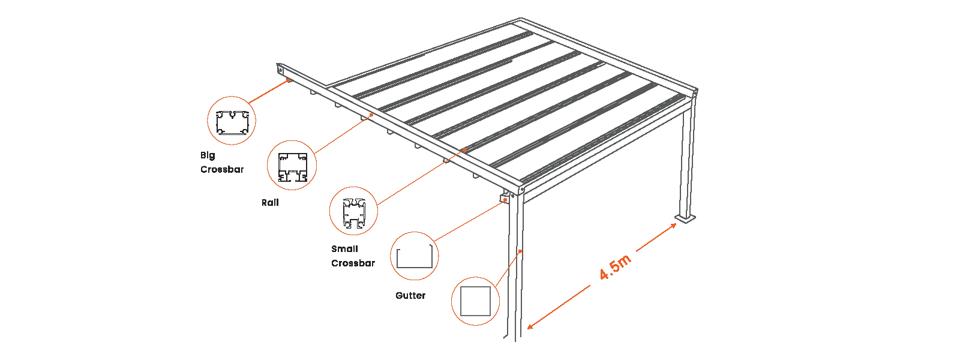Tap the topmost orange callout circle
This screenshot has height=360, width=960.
pyautogui.click(x=232, y=121)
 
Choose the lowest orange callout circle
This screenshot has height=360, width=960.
pyautogui.click(x=475, y=300)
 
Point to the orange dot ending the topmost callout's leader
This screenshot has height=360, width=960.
pyautogui.click(x=289, y=79)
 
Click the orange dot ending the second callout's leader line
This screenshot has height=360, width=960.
pyautogui.click(x=372, y=115)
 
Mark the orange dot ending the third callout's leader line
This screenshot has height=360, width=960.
pyautogui.click(x=464, y=149)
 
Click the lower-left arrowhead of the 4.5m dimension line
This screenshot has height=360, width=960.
pyautogui.click(x=527, y=329)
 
